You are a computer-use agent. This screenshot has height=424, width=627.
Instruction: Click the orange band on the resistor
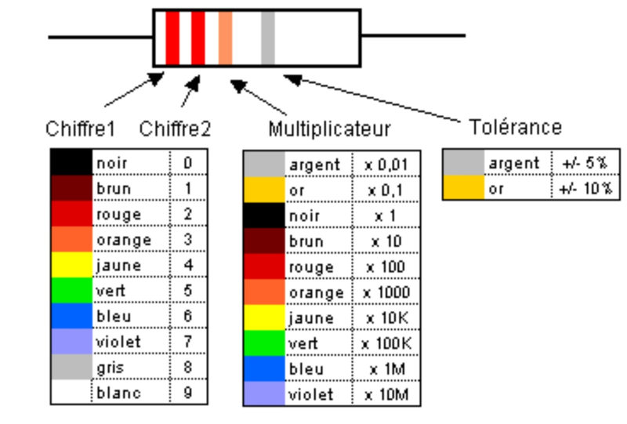(226, 38)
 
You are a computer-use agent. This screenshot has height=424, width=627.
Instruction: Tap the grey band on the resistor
(268, 38)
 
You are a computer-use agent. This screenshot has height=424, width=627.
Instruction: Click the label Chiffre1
(80, 128)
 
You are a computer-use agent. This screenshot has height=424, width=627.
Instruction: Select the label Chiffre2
(175, 128)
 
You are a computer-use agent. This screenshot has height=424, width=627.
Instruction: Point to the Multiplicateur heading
(329, 129)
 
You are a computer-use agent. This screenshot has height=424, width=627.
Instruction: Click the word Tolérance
(515, 126)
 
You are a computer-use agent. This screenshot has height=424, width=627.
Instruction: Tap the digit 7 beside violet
(188, 342)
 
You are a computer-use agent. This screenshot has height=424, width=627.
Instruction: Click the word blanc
(118, 393)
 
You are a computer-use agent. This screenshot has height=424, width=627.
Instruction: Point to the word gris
(111, 368)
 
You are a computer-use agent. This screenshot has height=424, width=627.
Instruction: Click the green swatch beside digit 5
(71, 291)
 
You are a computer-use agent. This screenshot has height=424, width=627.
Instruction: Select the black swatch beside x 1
(263, 216)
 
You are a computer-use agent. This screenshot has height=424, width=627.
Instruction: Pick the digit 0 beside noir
(188, 163)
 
